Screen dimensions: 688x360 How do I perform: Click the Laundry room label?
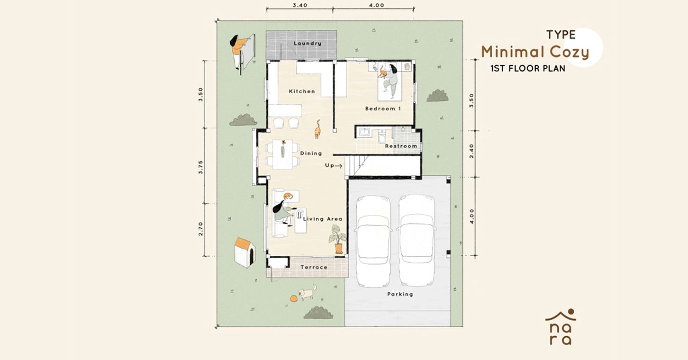coord(307,43)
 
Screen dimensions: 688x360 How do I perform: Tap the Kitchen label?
coord(302,91)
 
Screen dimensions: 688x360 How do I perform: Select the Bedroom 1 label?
coord(383,108)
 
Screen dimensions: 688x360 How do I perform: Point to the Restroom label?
coord(401,146)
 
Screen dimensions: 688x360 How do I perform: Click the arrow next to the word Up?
coord(338,166)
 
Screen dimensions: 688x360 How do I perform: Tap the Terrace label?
coord(314,267)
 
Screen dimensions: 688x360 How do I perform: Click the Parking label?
coord(400,294)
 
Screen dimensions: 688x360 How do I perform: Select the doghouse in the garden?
coord(245,252)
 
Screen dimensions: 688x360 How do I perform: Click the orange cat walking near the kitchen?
coord(317,129)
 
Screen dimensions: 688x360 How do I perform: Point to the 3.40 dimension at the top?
coord(300,5)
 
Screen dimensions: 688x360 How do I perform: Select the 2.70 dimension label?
coord(200,229)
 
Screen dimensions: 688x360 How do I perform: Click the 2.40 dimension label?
coord(472,151)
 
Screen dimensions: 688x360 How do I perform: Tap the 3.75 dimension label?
coord(200,167)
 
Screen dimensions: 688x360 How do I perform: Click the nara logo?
coord(560,327)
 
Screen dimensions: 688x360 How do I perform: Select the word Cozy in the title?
coord(569,53)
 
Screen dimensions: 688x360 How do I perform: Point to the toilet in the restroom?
coord(382,137)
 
